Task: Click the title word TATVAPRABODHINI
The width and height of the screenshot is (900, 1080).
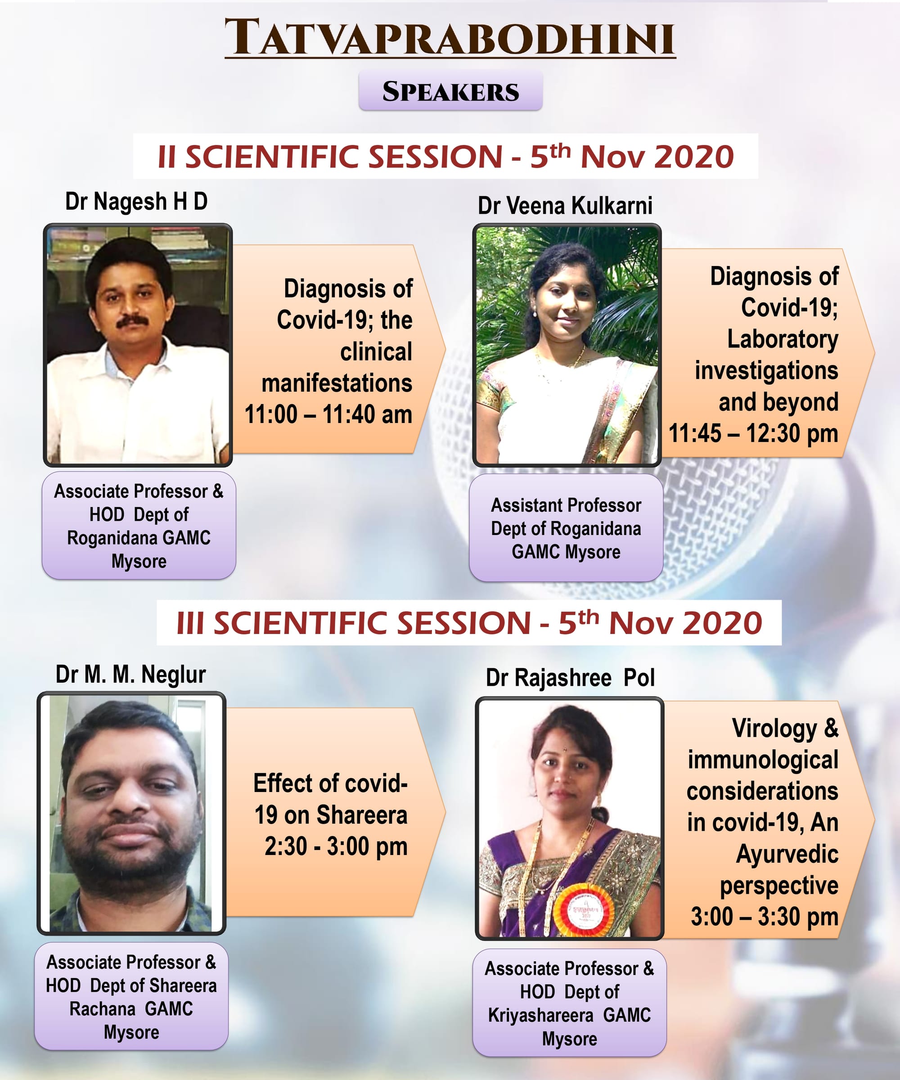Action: (x=450, y=37)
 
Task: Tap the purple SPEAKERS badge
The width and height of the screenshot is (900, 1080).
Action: (x=450, y=91)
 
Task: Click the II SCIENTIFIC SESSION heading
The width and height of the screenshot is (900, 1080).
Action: (x=445, y=156)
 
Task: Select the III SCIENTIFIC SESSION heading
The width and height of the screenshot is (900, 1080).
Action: (x=469, y=623)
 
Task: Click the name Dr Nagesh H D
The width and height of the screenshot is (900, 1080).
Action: (x=136, y=202)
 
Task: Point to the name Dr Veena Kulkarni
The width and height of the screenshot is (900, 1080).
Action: (x=565, y=206)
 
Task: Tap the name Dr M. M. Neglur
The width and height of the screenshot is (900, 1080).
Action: (x=130, y=675)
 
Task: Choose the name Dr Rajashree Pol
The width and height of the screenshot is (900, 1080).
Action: (x=570, y=678)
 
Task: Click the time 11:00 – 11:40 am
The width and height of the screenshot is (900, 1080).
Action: (x=328, y=414)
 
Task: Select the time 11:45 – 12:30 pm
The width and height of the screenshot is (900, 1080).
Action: (x=753, y=433)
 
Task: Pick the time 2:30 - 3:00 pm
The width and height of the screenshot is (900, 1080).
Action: (x=336, y=846)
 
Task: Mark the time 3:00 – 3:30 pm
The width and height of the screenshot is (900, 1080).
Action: (x=764, y=917)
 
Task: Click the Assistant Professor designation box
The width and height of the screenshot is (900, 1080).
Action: (x=566, y=528)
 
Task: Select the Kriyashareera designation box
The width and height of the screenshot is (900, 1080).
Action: (x=569, y=1003)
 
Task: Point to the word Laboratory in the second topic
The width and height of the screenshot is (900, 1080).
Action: (x=782, y=339)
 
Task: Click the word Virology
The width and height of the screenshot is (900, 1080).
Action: (x=774, y=729)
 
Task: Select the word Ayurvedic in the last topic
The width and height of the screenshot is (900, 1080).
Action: (x=787, y=854)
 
